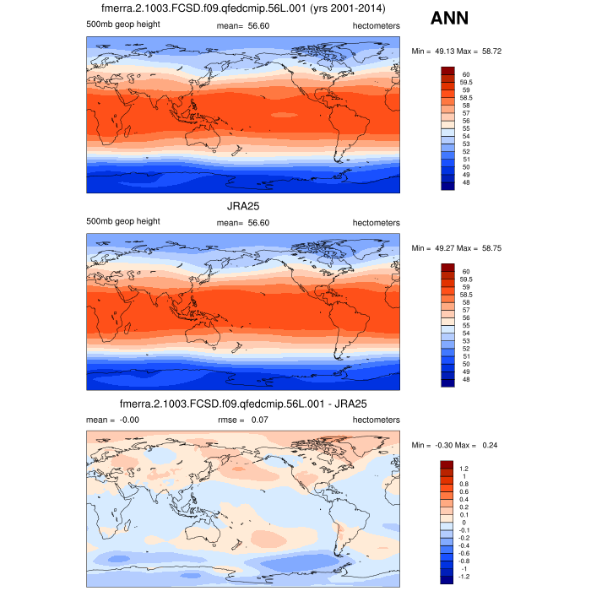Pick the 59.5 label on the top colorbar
coord(466,82)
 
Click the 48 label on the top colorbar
coord(464,183)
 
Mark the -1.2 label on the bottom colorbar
coord(466,576)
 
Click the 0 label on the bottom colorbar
coord(463,522)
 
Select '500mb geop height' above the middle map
coord(123,221)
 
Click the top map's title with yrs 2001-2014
coord(243,8)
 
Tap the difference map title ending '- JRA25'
coord(243,404)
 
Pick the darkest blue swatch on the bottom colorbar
coord(447,580)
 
